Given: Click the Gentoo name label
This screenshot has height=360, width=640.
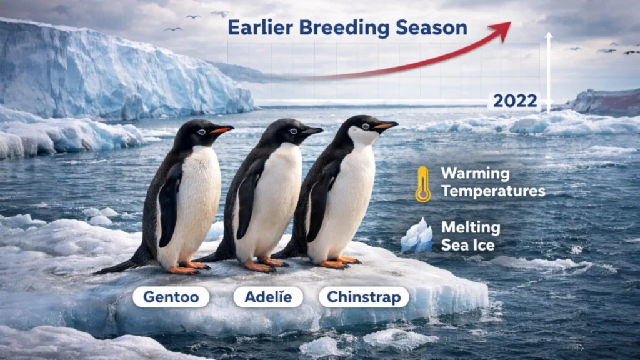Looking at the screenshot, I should (x=170, y=297).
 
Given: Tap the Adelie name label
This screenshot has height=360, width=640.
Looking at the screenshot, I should (x=268, y=297).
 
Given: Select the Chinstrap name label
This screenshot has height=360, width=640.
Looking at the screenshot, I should (x=364, y=297).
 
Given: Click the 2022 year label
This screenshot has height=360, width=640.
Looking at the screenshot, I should (x=514, y=101).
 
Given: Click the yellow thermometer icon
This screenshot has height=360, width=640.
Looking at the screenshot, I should (x=423, y=184).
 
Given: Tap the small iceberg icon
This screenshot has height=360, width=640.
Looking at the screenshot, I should (x=416, y=236).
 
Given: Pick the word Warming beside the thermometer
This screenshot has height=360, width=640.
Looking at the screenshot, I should (x=476, y=174).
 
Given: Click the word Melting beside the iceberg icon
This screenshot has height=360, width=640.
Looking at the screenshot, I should (x=471, y=227).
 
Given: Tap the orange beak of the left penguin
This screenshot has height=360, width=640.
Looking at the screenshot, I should (x=221, y=130).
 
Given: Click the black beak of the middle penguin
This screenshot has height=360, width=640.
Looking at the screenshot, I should (x=311, y=131).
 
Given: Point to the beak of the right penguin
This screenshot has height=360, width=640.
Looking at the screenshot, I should (x=386, y=126).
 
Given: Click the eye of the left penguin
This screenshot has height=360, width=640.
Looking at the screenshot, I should (x=201, y=131).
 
